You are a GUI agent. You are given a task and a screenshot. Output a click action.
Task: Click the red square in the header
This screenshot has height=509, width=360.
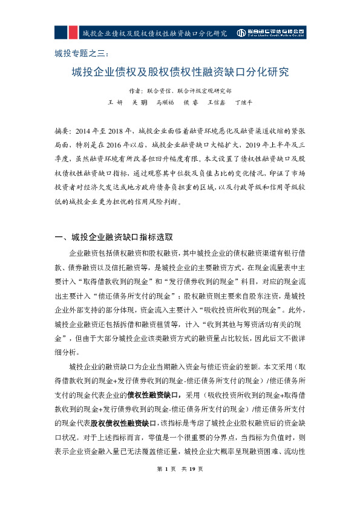click(x=72, y=32)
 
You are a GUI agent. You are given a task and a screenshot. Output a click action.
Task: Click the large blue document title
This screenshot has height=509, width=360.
click(x=180, y=73)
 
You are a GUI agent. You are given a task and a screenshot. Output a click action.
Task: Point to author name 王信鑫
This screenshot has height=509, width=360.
click(x=217, y=103)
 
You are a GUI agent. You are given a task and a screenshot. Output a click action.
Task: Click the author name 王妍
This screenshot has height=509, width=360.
click(x=115, y=103)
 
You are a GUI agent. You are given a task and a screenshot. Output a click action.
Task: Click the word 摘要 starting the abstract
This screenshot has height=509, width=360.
click(x=62, y=131)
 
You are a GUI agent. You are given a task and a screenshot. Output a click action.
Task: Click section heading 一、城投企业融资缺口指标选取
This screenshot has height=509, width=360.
click(x=114, y=236)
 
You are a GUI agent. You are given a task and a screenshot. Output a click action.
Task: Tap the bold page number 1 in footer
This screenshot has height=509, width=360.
click(x=165, y=485)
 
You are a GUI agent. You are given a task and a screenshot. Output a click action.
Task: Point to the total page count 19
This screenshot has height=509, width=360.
click(x=192, y=485)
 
